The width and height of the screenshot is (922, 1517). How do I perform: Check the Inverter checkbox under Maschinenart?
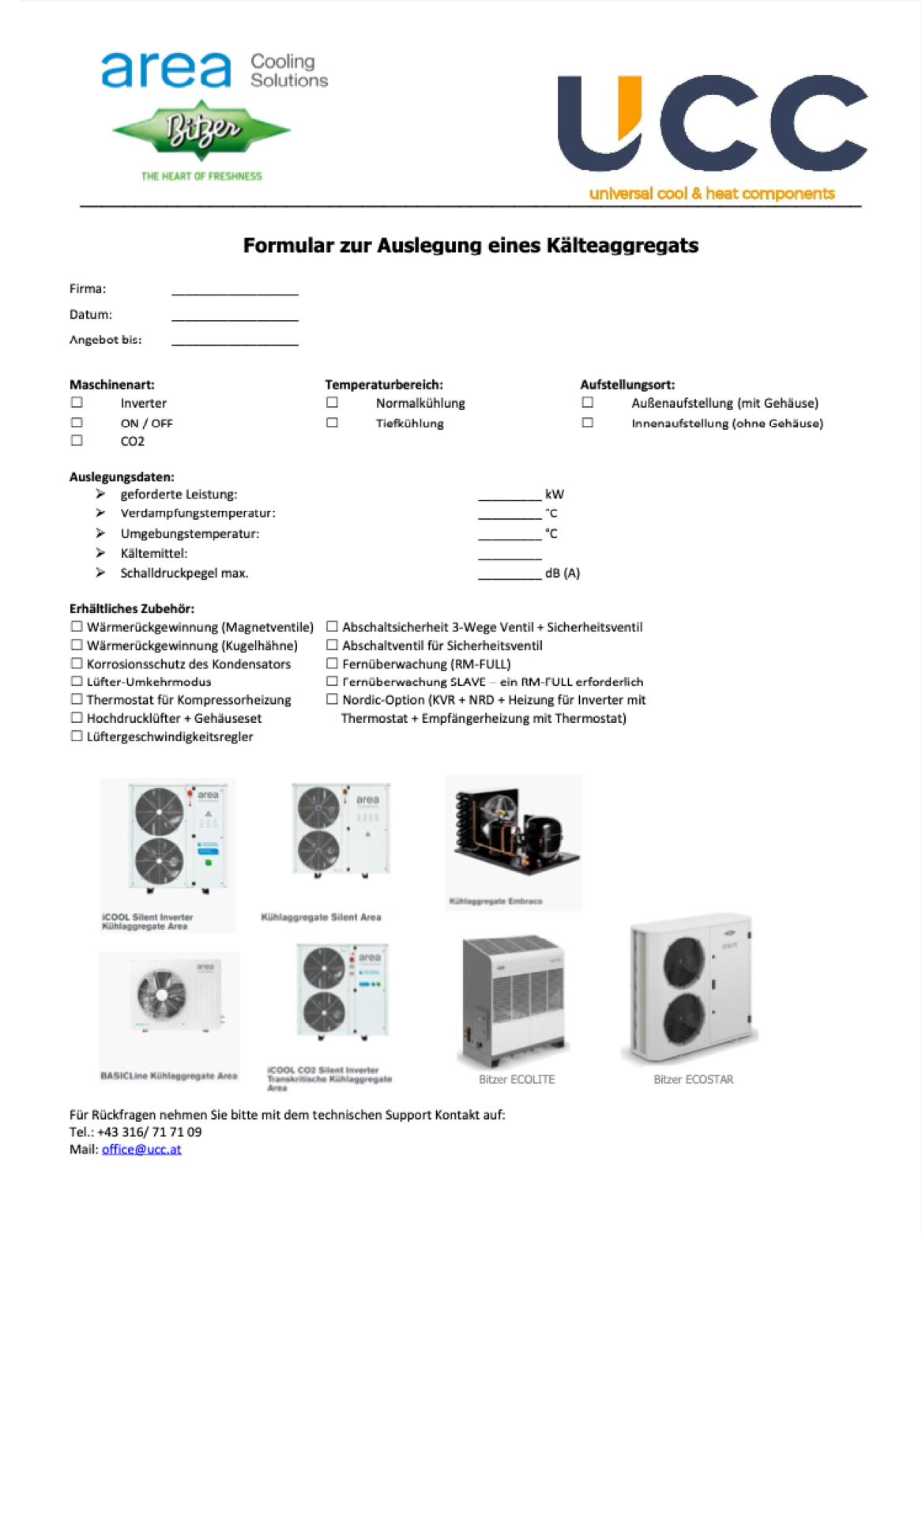(x=77, y=402)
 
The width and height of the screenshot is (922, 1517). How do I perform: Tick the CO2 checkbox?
(x=77, y=440)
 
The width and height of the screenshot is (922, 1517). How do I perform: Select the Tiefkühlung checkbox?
(x=332, y=423)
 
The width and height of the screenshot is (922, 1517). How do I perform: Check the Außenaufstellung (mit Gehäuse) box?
(x=587, y=402)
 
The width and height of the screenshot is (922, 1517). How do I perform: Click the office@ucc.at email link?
(x=141, y=1149)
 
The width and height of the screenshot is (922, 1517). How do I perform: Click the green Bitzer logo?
(x=202, y=130)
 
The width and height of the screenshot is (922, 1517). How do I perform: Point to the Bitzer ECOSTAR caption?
(x=693, y=1079)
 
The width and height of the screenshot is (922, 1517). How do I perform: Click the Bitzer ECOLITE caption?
(x=517, y=1079)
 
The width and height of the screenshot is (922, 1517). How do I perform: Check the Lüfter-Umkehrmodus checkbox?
(x=77, y=681)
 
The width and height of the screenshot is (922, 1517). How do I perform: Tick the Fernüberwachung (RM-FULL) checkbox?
(x=332, y=664)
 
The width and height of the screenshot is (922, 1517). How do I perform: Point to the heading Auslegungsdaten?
(x=122, y=476)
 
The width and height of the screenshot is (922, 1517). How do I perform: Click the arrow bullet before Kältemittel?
(x=100, y=553)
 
